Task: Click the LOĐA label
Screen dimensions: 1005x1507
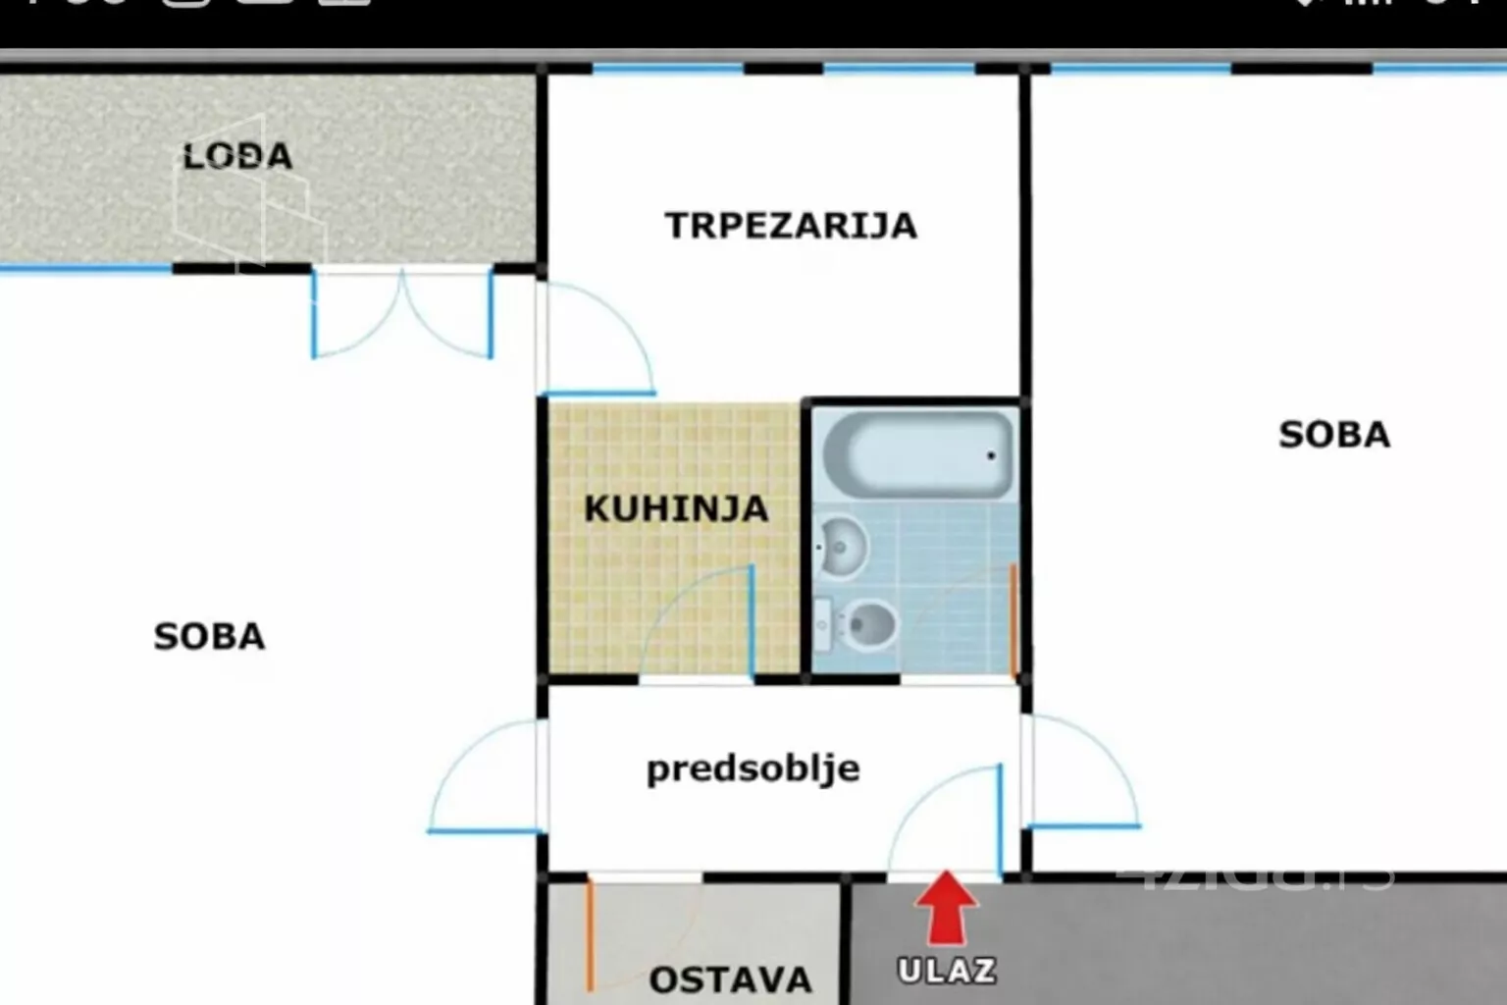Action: [237, 156]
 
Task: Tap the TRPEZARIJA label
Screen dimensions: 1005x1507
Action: [791, 226]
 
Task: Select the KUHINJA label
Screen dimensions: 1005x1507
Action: [676, 508]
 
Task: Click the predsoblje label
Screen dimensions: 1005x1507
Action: [753, 768]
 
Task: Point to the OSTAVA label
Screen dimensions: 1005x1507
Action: [730, 979]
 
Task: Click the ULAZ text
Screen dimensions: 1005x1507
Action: [947, 971]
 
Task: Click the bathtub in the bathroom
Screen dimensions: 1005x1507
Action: [916, 453]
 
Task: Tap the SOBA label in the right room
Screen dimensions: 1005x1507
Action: [1334, 434]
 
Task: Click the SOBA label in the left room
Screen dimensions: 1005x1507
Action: [209, 636]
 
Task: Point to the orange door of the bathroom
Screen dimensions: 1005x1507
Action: [1013, 620]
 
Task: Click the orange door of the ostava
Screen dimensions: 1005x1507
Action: [590, 937]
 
